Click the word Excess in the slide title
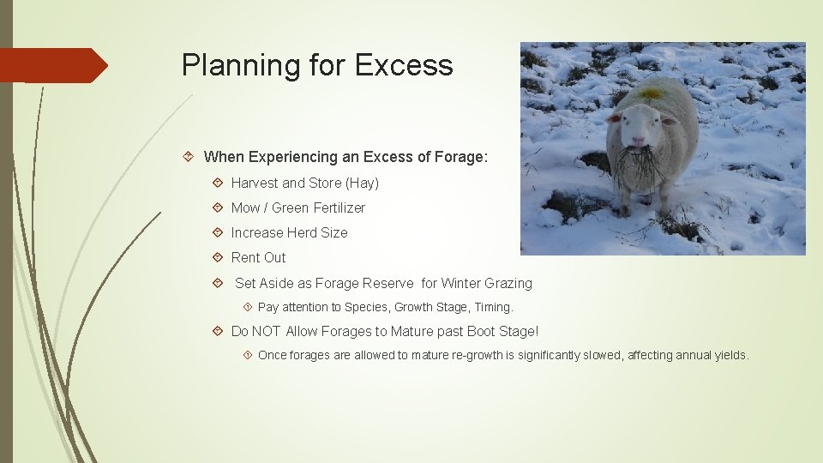click(404, 65)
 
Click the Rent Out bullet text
click(258, 257)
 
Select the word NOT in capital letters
click(266, 331)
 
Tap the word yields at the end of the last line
click(730, 355)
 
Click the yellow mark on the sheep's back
click(652, 93)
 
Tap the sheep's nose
click(637, 140)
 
